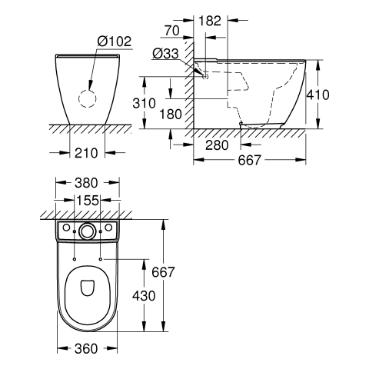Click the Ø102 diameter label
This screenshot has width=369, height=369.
[x=115, y=41]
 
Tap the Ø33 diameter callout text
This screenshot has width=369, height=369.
[x=165, y=54]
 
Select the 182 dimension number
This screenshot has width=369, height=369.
[x=210, y=21]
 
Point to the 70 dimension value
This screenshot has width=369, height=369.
[x=171, y=31]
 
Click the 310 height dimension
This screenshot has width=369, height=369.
[x=144, y=103]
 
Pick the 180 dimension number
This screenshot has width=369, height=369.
[x=171, y=114]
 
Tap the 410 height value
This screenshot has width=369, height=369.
[x=318, y=95]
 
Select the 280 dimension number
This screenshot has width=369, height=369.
[x=217, y=145]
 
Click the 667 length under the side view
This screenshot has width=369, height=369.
[x=249, y=161]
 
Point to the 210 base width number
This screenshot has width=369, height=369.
[x=86, y=153]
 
